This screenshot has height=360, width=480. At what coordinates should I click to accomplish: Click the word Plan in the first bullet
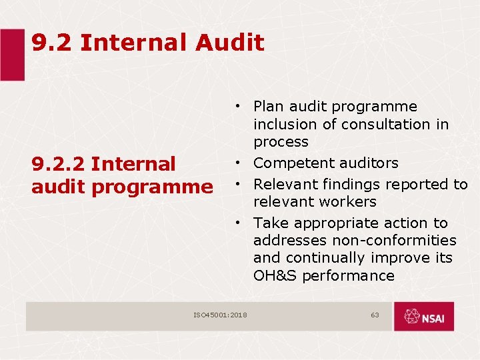269,107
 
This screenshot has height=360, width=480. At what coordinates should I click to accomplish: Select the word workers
347,201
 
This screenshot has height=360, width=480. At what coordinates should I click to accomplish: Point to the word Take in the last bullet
269,223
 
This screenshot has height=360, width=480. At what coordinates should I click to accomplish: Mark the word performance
348,276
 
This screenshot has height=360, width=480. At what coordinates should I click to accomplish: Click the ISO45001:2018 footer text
220,315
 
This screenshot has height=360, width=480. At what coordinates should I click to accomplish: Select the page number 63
375,315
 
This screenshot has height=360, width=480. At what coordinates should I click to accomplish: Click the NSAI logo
423,317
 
